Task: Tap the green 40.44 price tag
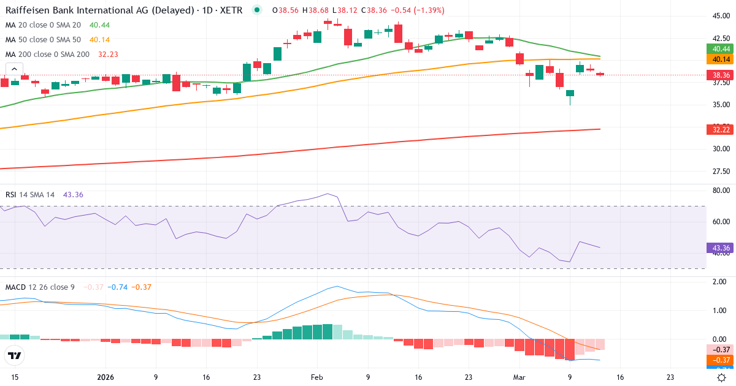pos(721,49)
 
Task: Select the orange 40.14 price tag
pos(721,59)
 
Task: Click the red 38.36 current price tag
pos(721,75)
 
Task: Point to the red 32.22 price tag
pos(721,129)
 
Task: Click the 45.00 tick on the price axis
pos(721,17)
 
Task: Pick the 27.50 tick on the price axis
pos(721,171)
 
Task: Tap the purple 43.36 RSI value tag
pos(721,248)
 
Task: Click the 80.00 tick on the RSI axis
pos(721,191)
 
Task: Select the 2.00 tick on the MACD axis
pos(721,281)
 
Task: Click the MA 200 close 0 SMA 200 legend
pos(47,55)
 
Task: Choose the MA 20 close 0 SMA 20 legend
pos(43,25)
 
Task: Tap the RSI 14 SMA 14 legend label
pos(30,195)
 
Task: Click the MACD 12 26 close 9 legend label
pos(40,287)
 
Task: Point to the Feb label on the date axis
pos(316,377)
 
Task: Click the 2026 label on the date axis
pos(106,377)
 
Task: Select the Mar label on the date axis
pos(519,377)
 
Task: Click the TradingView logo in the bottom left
pos(14,355)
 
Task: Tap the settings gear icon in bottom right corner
pos(722,377)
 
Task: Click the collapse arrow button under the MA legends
pos(14,69)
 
